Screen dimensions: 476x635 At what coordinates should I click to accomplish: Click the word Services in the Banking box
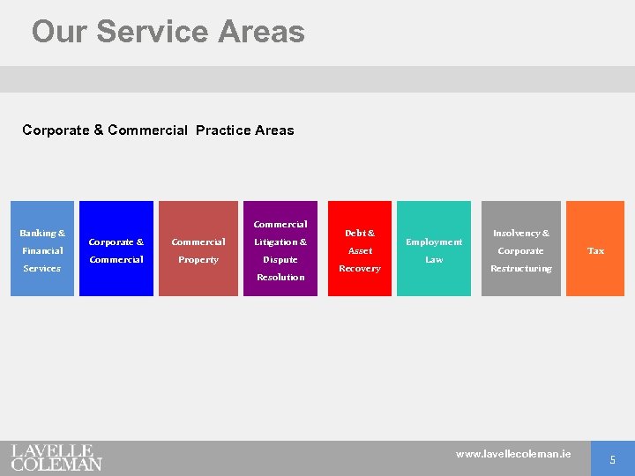tap(42, 268)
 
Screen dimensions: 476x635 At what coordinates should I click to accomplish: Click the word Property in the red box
tap(198, 260)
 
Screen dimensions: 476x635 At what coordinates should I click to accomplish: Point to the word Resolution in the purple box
tap(280, 278)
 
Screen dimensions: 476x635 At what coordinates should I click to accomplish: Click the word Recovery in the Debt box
tap(360, 269)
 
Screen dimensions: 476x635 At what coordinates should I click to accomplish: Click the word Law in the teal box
tap(434, 260)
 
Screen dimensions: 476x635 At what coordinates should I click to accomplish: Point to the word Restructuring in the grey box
tap(521, 269)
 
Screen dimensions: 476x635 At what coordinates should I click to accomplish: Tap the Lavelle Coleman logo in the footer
tap(56, 457)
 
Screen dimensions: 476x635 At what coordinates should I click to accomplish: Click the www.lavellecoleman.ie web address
tap(513, 454)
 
